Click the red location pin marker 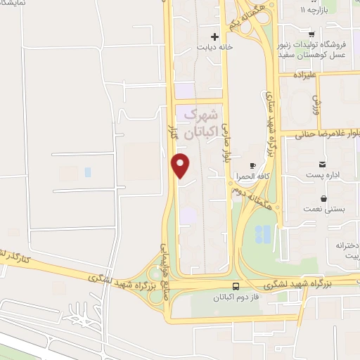point(181,165)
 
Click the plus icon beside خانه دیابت point(215,36)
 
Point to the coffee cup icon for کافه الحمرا point(252,164)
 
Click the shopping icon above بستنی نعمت point(323,199)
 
